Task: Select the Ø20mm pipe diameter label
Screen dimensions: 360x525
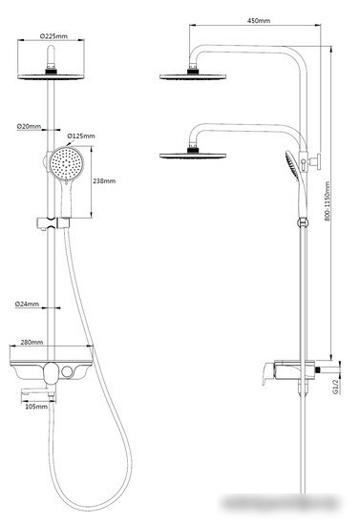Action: [28, 126]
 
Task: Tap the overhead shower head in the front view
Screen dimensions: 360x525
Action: [52, 74]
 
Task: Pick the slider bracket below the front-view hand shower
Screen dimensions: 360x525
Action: [53, 223]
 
